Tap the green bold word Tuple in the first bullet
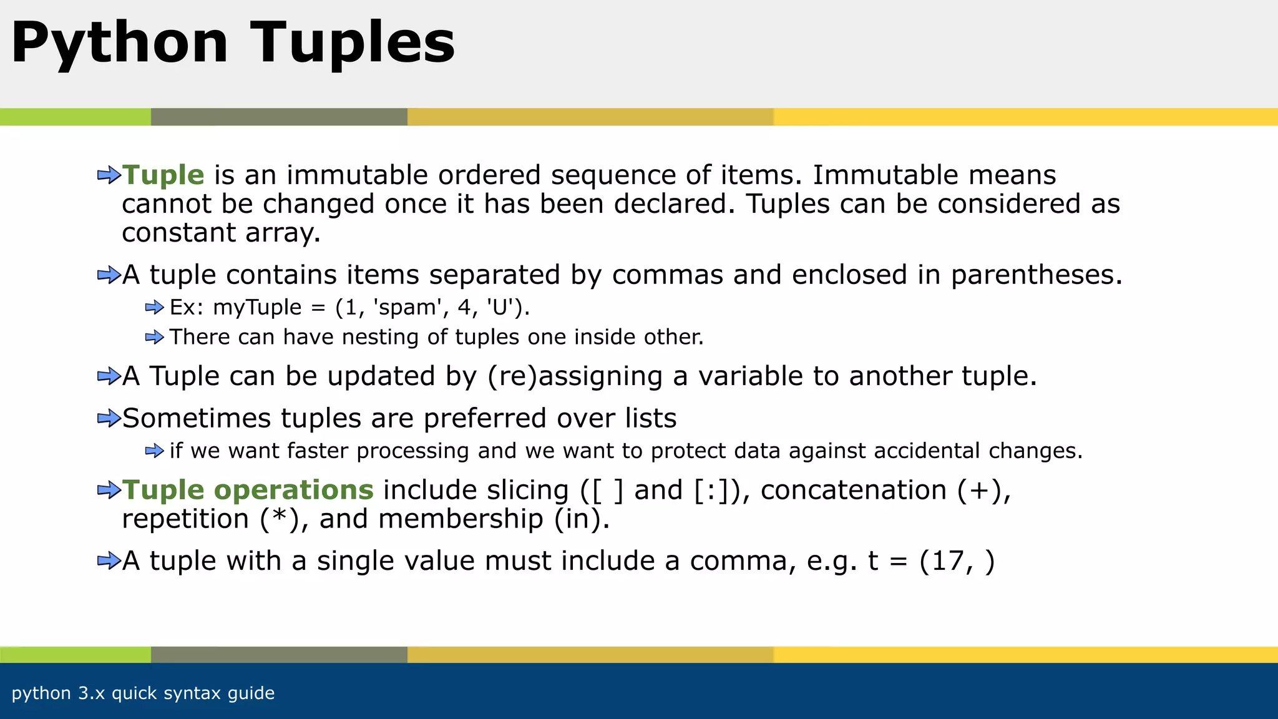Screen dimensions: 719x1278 pyautogui.click(x=163, y=175)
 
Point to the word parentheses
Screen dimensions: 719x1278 pyautogui.click(x=1036, y=275)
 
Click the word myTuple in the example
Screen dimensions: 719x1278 pyautogui.click(x=257, y=308)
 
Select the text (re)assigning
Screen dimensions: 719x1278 pyautogui.click(x=575, y=376)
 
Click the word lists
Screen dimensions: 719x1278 pyautogui.click(x=650, y=418)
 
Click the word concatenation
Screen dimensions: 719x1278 pyautogui.click(x=853, y=490)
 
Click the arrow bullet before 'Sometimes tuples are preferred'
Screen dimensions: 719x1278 pyautogui.click(x=109, y=418)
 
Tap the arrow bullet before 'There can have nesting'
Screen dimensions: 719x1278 pyautogui.click(x=154, y=338)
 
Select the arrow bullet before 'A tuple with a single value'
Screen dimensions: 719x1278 pyautogui.click(x=109, y=561)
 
